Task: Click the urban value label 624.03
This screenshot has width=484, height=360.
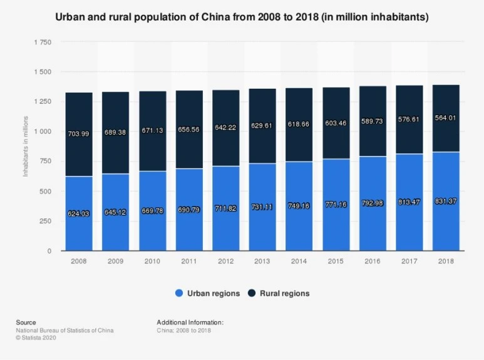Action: pos(79,213)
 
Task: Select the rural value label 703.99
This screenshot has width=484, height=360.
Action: pos(79,133)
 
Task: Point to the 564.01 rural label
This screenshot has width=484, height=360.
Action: pos(446,116)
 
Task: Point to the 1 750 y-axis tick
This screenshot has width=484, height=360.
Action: pos(43,42)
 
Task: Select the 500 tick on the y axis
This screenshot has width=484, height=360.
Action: pos(45,191)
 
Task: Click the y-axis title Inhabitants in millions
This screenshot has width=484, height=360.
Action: pos(26,145)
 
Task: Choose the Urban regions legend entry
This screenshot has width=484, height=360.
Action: pos(208,293)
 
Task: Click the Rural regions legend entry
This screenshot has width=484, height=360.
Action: pos(279,293)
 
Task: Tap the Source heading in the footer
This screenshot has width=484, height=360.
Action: pos(26,322)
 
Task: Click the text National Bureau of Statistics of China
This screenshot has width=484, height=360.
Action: pos(64,330)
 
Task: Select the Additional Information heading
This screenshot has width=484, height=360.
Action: pos(190,322)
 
